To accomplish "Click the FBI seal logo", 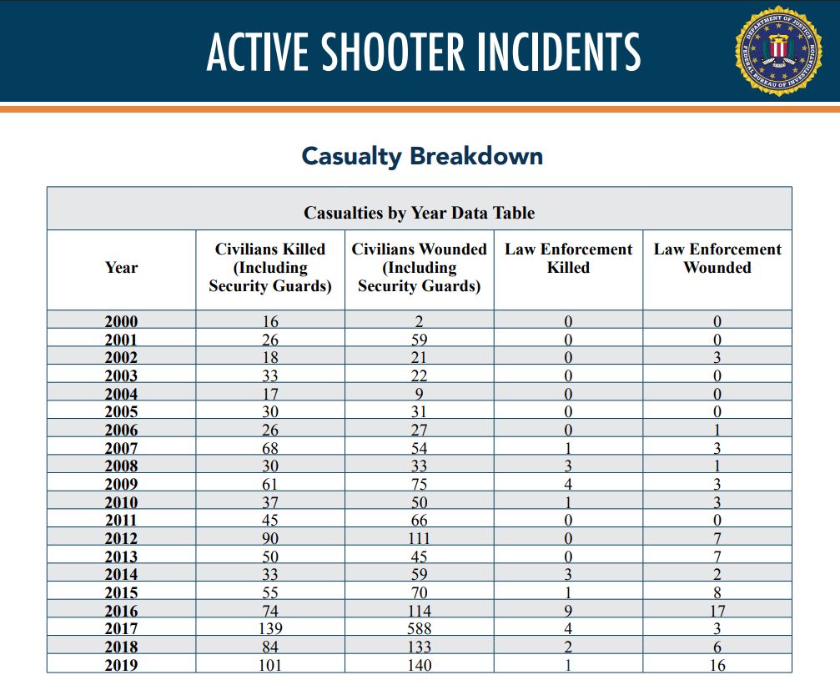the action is click(778, 51).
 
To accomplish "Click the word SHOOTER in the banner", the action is click(393, 52).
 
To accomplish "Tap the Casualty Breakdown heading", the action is click(422, 156).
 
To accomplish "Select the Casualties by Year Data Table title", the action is click(420, 213).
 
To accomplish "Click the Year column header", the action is click(122, 268).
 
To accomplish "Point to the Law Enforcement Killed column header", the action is click(568, 259).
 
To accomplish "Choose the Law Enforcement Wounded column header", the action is click(717, 259).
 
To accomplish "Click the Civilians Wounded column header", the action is click(420, 268).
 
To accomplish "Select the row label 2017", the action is click(122, 628).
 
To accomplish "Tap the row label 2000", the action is click(122, 321).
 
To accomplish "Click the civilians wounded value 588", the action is click(420, 628).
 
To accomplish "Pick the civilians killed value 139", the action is click(270, 628).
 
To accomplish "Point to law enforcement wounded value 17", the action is click(717, 611).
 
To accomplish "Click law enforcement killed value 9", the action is click(568, 611).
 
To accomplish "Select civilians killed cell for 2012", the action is click(270, 538).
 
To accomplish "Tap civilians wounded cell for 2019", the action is click(420, 665).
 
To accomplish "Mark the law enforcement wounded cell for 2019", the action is click(717, 665).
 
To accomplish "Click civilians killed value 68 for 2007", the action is click(270, 448).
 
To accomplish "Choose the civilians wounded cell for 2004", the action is click(420, 394).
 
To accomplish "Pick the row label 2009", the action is click(122, 484).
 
